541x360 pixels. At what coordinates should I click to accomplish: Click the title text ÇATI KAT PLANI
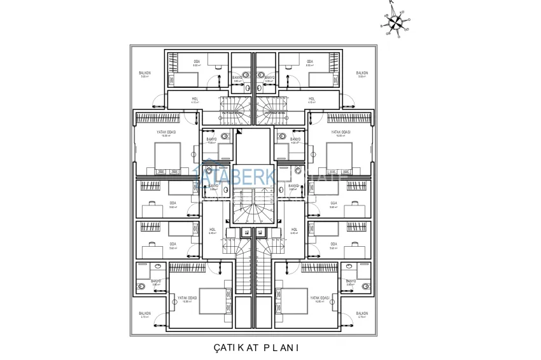click(x=256, y=348)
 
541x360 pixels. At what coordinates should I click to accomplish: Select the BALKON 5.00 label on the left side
click(x=145, y=74)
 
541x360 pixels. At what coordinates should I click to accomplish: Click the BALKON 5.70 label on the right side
click(x=362, y=315)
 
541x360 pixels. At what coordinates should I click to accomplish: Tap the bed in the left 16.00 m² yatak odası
click(x=168, y=155)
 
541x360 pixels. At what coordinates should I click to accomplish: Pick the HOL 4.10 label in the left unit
click(x=195, y=100)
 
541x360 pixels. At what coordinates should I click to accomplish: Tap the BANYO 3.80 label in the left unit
click(x=155, y=282)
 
